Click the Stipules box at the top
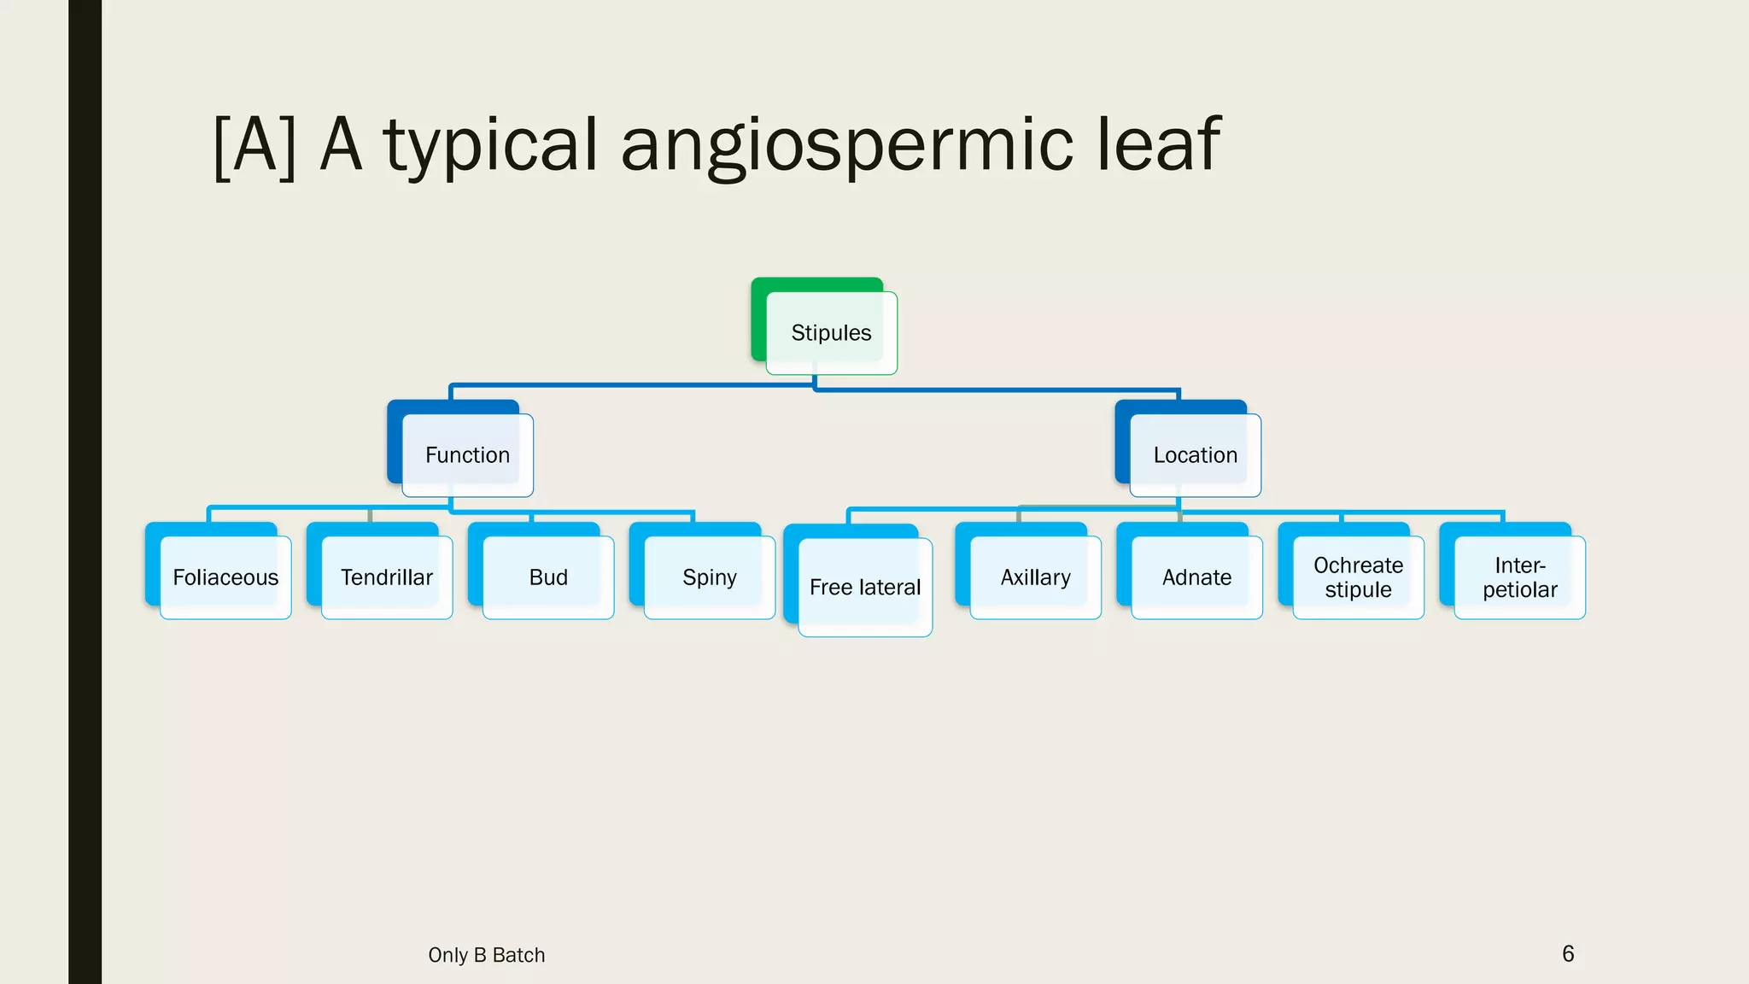831,332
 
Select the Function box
467,455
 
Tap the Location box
1195,455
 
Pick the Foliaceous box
225,577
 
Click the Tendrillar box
387,577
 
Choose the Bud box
548,577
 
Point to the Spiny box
709,577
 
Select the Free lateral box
864,588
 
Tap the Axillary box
1035,577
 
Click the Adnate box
1196,577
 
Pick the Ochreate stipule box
1358,577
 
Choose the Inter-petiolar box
1519,577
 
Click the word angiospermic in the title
846,145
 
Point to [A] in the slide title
254,145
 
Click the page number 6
1568,953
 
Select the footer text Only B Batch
486,955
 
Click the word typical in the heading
490,145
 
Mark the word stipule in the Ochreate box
1358,590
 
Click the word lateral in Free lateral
890,588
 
